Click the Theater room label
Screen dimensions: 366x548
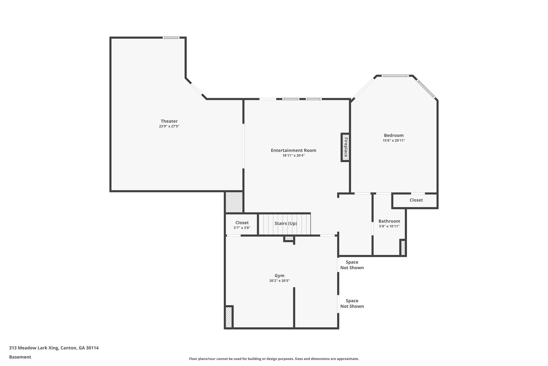pyautogui.click(x=169, y=121)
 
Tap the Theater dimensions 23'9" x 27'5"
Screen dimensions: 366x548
pyautogui.click(x=169, y=126)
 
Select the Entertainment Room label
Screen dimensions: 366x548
pyautogui.click(x=293, y=150)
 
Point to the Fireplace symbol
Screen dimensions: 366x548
pyautogui.click(x=345, y=147)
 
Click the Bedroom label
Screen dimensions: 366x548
pyautogui.click(x=394, y=135)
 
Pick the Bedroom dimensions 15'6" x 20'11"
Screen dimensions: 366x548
pyautogui.click(x=394, y=141)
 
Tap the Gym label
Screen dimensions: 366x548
pyautogui.click(x=279, y=276)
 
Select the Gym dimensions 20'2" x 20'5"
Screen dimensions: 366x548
pyautogui.click(x=279, y=281)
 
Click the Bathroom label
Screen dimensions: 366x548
pyautogui.click(x=389, y=221)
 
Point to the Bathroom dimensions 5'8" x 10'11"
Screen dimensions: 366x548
pyautogui.click(x=389, y=226)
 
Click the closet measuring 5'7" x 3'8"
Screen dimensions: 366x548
pyautogui.click(x=242, y=225)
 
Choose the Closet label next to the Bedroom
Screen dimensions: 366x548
pyautogui.click(x=416, y=200)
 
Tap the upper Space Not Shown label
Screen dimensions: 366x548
pyautogui.click(x=352, y=265)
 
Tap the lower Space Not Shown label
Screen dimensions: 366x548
pyautogui.click(x=352, y=304)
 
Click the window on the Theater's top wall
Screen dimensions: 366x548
pyautogui.click(x=171, y=38)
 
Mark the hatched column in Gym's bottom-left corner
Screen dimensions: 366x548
pyautogui.click(x=229, y=317)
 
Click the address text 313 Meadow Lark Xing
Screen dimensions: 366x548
pyautogui.click(x=54, y=348)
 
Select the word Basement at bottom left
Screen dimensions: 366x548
pyautogui.click(x=20, y=357)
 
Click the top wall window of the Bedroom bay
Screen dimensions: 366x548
pyautogui.click(x=395, y=76)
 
